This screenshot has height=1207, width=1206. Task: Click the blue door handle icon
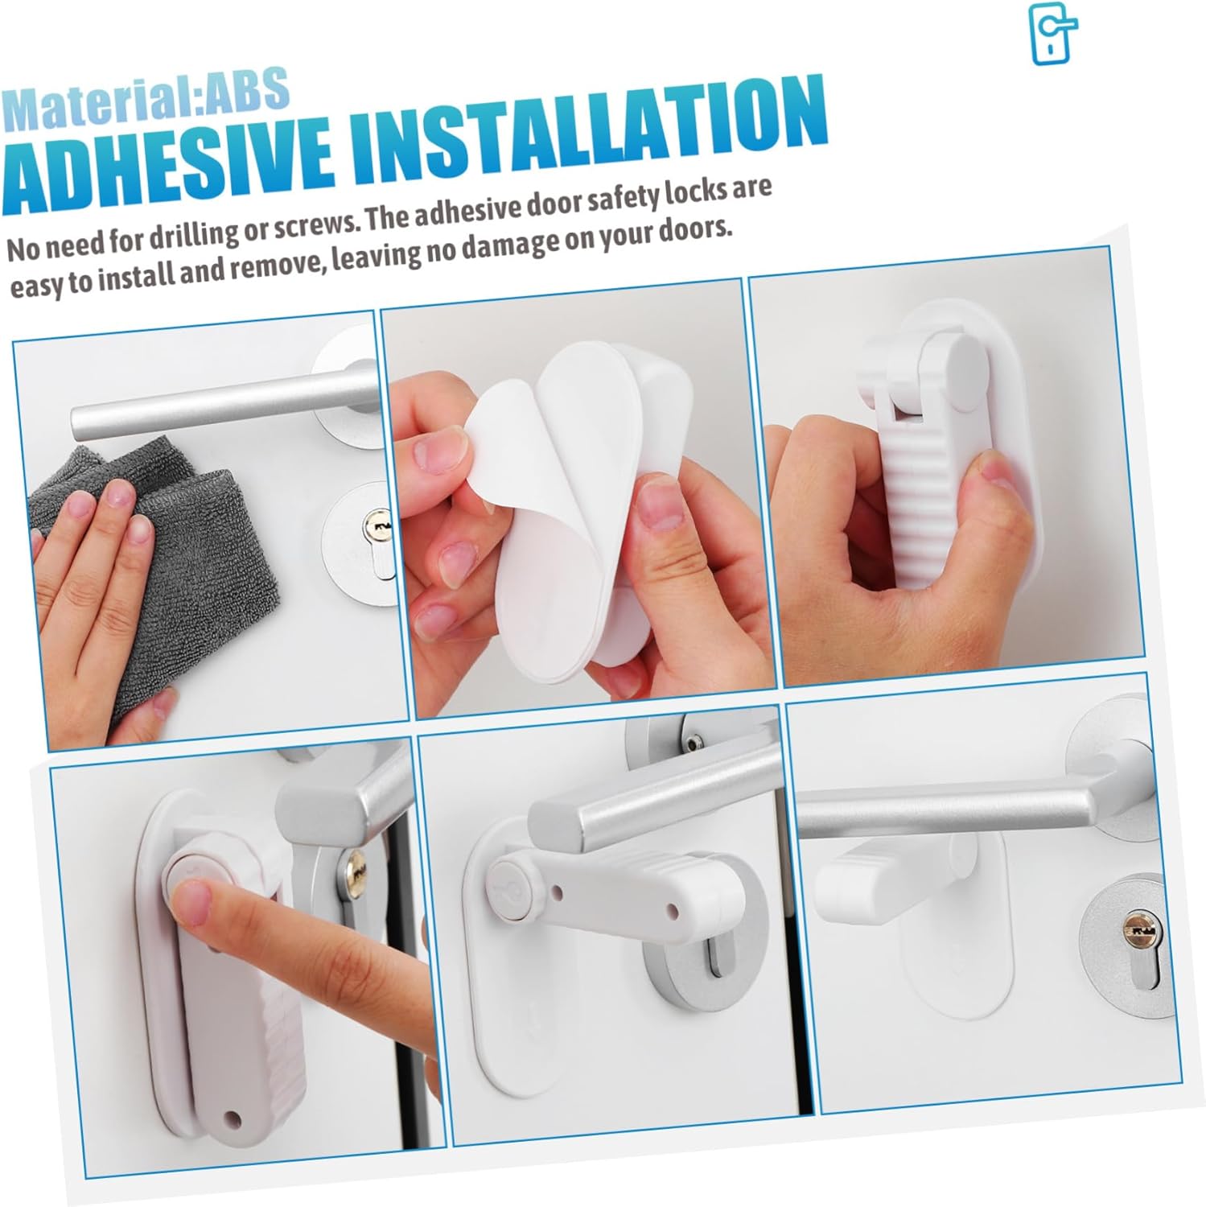click(1054, 34)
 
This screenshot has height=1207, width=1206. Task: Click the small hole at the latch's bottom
click(234, 1118)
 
